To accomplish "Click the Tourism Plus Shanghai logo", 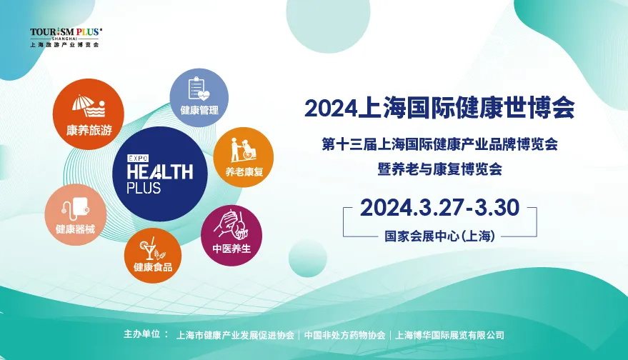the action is coord(66,37).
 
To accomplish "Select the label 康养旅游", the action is coord(89,130).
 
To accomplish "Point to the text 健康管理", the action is coord(199,110).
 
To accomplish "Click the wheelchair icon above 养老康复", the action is coord(244,150).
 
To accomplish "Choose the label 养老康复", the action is coord(244,172).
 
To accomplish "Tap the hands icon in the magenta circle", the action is coord(232,224).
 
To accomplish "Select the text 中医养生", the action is coord(231,249).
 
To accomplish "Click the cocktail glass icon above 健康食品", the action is coord(152,249).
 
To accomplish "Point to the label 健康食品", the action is coord(153,266).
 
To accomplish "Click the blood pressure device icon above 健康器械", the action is coord(76,209).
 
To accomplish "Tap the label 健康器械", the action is coord(75,229).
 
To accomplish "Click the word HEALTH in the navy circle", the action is coord(160,172).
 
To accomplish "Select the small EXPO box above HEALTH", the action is coord(138,158).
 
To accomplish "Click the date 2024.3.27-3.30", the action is coord(440,207).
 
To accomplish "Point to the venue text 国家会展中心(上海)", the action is coord(440,236).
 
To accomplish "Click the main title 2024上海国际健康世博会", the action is coord(440,107).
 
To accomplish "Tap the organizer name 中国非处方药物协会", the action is coord(345,335).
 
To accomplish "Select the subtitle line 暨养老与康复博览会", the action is coord(440,169).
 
